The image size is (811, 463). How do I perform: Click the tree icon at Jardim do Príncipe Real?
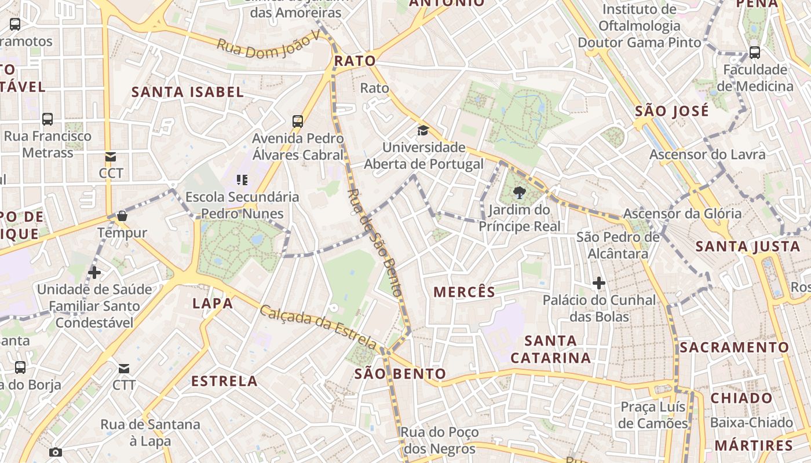(520, 193)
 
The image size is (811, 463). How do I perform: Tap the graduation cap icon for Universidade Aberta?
(423, 130)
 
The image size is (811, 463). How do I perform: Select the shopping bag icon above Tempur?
(122, 216)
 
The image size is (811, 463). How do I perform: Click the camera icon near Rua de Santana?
(56, 452)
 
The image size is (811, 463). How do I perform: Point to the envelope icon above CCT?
(111, 157)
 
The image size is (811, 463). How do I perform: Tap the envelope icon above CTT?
(124, 369)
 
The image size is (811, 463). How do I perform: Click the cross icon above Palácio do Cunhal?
(599, 283)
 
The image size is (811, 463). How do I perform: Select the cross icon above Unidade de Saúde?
(94, 272)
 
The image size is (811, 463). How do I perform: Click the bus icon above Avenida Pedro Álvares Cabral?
(298, 122)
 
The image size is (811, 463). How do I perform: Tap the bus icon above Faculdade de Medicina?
(755, 53)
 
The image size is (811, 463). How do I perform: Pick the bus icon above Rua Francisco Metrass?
(48, 119)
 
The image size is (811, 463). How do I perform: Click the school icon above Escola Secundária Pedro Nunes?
(242, 180)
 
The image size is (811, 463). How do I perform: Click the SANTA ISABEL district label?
(188, 91)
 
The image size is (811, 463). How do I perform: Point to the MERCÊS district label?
(465, 292)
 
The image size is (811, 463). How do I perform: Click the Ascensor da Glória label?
(682, 214)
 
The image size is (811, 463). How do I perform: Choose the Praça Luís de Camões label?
(653, 415)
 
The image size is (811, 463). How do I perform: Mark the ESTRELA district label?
(224, 381)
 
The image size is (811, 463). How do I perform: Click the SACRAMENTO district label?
(734, 347)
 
